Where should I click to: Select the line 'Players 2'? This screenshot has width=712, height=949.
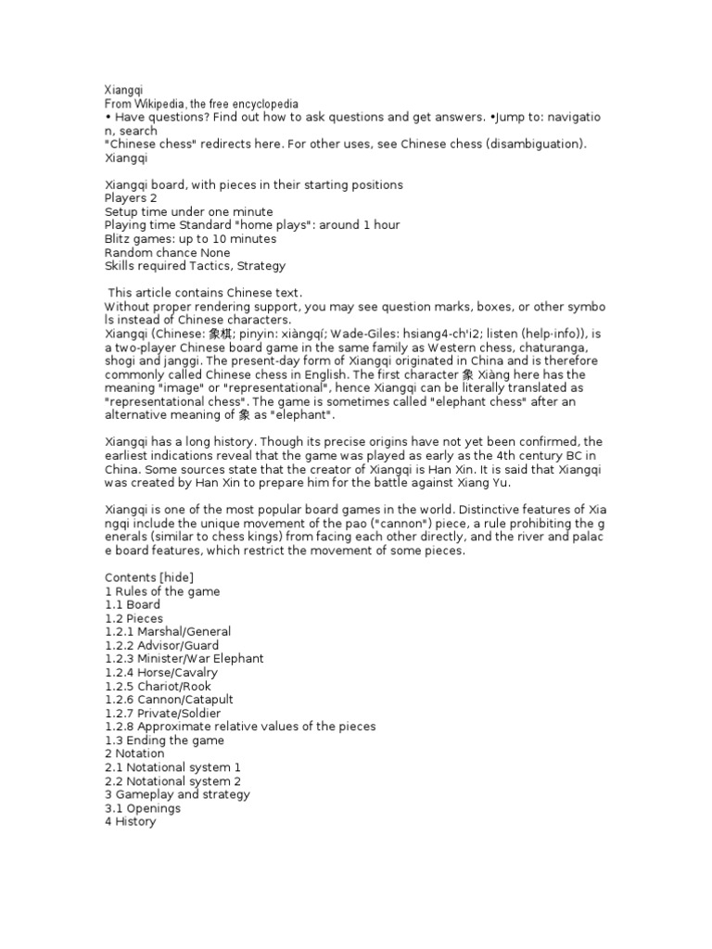(x=131, y=198)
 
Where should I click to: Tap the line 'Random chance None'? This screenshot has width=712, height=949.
(x=167, y=252)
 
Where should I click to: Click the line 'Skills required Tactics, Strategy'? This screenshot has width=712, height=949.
(x=195, y=266)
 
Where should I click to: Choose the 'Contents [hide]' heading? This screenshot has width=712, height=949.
(x=149, y=577)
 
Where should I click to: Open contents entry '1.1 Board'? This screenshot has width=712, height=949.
(x=133, y=604)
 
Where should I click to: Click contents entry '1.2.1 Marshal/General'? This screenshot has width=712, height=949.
(x=168, y=631)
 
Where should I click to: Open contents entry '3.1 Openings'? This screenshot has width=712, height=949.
(x=143, y=808)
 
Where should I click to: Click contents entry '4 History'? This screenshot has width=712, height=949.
(x=130, y=822)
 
